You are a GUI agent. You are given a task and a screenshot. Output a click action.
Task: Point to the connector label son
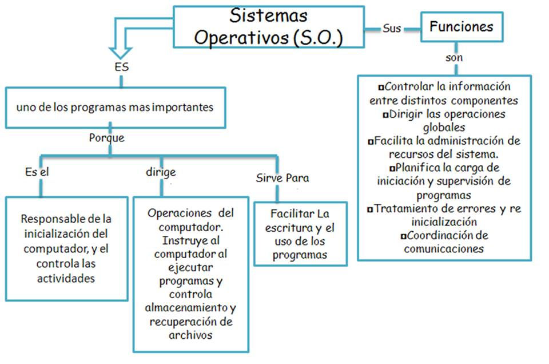coord(454,58)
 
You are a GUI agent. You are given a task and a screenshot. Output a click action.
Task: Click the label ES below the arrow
coord(122,67)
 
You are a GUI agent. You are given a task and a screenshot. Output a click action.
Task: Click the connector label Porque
coord(106,138)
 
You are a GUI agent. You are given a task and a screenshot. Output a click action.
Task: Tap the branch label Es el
coord(34,172)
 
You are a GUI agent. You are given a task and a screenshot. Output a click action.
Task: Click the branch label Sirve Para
coord(282,178)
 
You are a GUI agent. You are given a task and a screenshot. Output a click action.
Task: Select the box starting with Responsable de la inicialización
coord(66,248)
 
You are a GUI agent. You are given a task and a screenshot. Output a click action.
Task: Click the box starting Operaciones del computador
coord(190,274)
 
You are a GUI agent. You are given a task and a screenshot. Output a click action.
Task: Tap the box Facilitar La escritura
coord(301,234)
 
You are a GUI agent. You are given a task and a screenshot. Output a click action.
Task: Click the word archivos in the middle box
coord(190,335)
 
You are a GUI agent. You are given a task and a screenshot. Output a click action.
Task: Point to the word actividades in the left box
coord(66,278)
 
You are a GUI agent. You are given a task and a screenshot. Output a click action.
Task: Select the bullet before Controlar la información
coord(381,88)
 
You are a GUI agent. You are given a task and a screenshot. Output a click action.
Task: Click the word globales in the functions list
coord(444,127)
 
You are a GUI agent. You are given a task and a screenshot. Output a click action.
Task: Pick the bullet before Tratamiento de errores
coord(370,209)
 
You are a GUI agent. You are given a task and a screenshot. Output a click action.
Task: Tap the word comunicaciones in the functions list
coord(444,249)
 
